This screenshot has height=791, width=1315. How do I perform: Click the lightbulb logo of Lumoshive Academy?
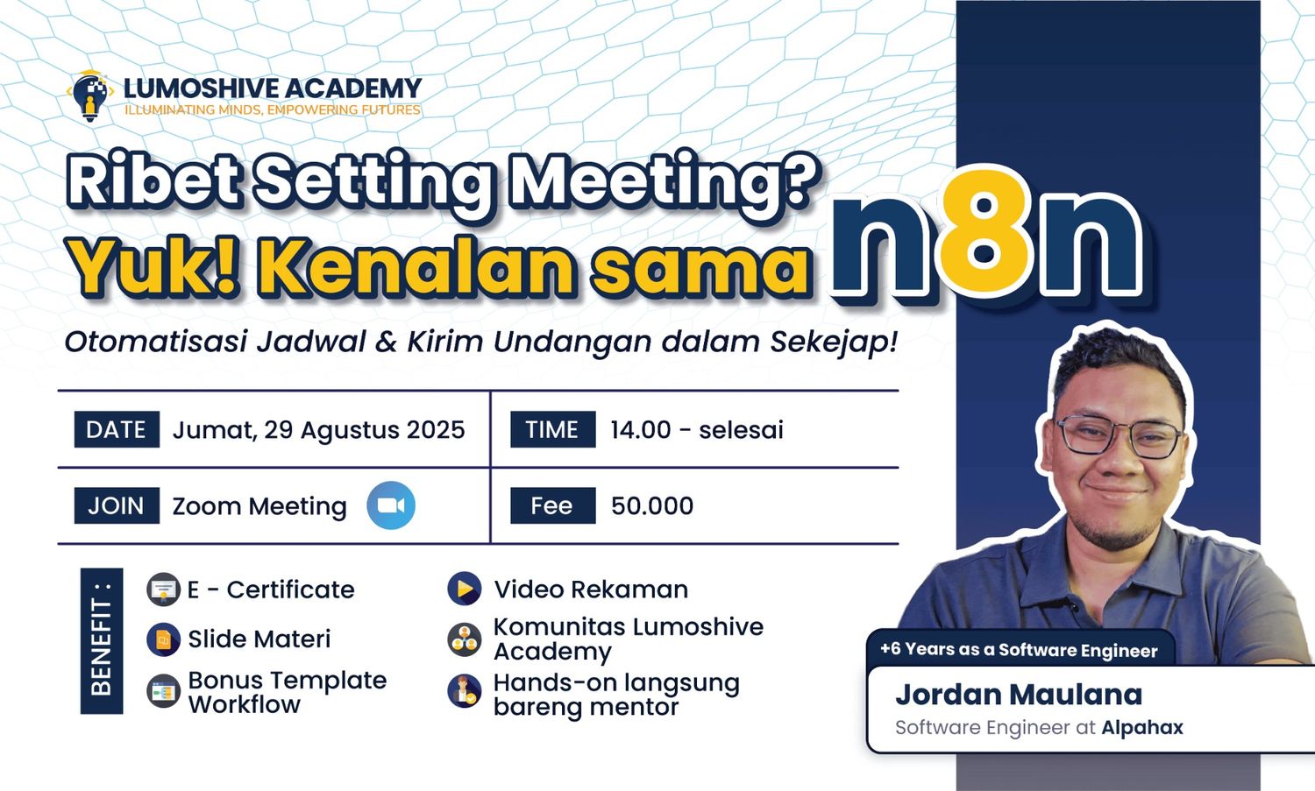coord(90,96)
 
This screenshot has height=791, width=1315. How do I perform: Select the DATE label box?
coord(117,429)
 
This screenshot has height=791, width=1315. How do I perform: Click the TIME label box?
coord(552,429)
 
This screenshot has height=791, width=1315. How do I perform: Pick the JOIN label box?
coord(117,505)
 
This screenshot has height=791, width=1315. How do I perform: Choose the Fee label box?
coord(552,505)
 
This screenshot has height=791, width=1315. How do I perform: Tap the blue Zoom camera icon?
coord(391,505)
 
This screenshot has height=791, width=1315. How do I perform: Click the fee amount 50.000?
coord(652,505)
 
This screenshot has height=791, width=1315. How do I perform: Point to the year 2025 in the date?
coord(436,430)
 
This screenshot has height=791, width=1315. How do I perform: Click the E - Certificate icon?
coord(163,590)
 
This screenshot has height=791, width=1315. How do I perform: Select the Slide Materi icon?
coord(163,639)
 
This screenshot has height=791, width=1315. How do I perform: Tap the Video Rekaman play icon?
coord(465,589)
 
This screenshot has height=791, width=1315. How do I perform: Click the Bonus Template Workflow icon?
coord(163,691)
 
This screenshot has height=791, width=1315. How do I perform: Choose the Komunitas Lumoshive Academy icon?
coord(465,639)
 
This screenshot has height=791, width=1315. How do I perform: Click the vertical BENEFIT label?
coord(102,641)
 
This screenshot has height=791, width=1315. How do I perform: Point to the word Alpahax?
coord(1142,728)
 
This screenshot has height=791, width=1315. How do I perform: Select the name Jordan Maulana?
coord(1019,694)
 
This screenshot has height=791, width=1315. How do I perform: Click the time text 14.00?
coord(641,430)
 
